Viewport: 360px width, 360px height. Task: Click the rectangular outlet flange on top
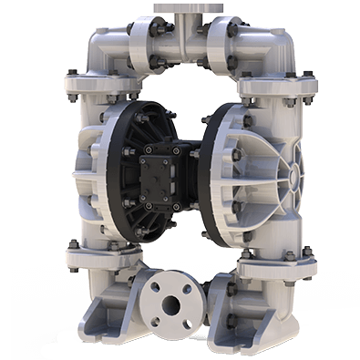click(x=181, y=7)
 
